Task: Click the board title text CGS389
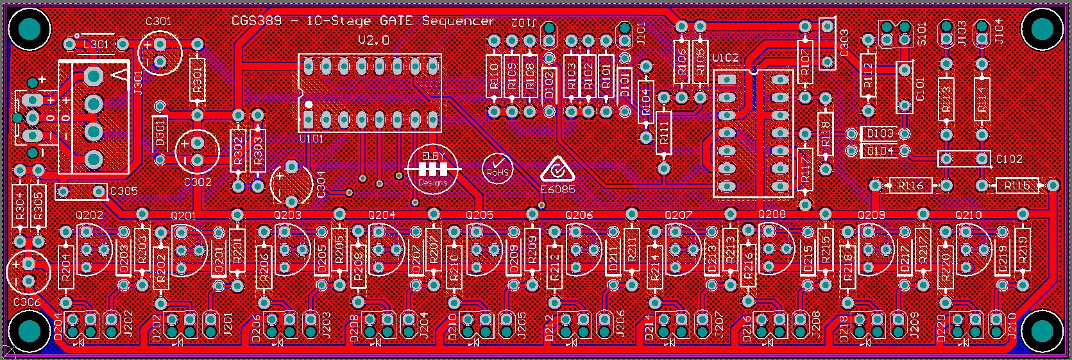click(x=256, y=21)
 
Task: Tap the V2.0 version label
click(x=373, y=40)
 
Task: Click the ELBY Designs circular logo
click(x=433, y=169)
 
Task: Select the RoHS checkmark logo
click(x=497, y=169)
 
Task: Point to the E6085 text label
click(x=557, y=190)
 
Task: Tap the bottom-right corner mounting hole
click(x=1041, y=330)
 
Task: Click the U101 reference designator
click(x=311, y=138)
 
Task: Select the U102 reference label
click(x=725, y=58)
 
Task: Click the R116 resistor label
click(x=910, y=185)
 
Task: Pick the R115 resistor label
click(x=1017, y=185)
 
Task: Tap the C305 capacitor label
click(x=124, y=191)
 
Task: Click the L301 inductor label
click(x=96, y=44)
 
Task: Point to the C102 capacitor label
click(x=1009, y=159)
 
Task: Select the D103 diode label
click(x=880, y=133)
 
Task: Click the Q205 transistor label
click(x=479, y=215)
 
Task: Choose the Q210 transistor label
click(x=968, y=215)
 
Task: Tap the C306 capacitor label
click(x=26, y=302)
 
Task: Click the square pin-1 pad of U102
click(x=727, y=80)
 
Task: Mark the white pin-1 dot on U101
click(x=309, y=104)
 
